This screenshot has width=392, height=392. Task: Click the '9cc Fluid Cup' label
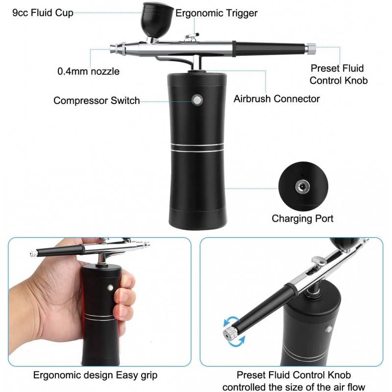(x=43, y=13)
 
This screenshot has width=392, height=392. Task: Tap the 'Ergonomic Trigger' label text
(x=217, y=13)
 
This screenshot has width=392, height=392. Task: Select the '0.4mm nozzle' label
(x=89, y=71)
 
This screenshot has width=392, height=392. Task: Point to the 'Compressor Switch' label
(x=97, y=100)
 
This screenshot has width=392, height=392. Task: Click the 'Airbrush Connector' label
(x=277, y=99)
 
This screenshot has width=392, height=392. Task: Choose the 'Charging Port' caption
(x=302, y=219)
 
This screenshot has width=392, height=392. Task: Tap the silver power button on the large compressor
(x=197, y=100)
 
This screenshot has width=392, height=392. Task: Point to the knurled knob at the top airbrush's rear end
(x=311, y=49)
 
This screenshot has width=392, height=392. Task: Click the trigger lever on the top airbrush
(x=192, y=36)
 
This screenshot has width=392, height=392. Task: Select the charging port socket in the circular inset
(x=302, y=187)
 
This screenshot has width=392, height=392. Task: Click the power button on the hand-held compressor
(x=110, y=288)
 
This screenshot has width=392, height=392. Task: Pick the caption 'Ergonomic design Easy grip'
(x=95, y=375)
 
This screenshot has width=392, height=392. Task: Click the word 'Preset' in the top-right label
(x=323, y=68)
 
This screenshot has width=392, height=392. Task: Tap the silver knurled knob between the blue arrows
(x=230, y=334)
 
